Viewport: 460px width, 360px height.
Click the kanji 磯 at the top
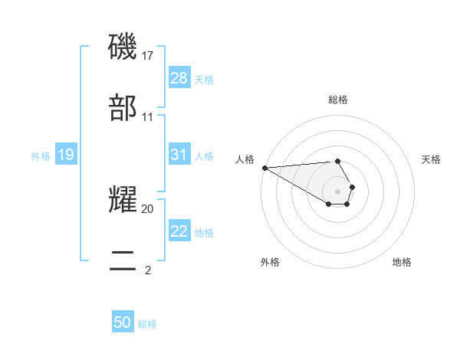[x=123, y=47]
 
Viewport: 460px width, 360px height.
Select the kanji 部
[x=123, y=109]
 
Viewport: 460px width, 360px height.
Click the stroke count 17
[x=148, y=56]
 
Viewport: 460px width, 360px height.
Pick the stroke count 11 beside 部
[x=148, y=117]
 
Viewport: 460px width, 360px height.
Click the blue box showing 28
[x=179, y=78]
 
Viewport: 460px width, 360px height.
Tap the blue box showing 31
[x=179, y=155]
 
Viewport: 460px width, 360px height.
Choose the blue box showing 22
[x=179, y=231]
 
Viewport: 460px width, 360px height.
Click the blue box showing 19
[x=66, y=155]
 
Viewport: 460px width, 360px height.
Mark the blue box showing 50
[x=123, y=322]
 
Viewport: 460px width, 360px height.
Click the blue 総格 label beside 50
[x=147, y=324]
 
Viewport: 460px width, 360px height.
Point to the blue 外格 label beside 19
[x=41, y=156]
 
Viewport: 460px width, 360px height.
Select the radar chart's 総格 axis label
[x=338, y=100]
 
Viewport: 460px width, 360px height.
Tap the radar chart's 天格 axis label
[x=432, y=159]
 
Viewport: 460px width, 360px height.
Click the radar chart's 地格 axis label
[x=402, y=262]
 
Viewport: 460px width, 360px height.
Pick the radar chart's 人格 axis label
[x=245, y=159]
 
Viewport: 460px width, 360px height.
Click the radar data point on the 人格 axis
[x=264, y=168]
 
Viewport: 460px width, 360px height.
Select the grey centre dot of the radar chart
[x=338, y=191]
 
